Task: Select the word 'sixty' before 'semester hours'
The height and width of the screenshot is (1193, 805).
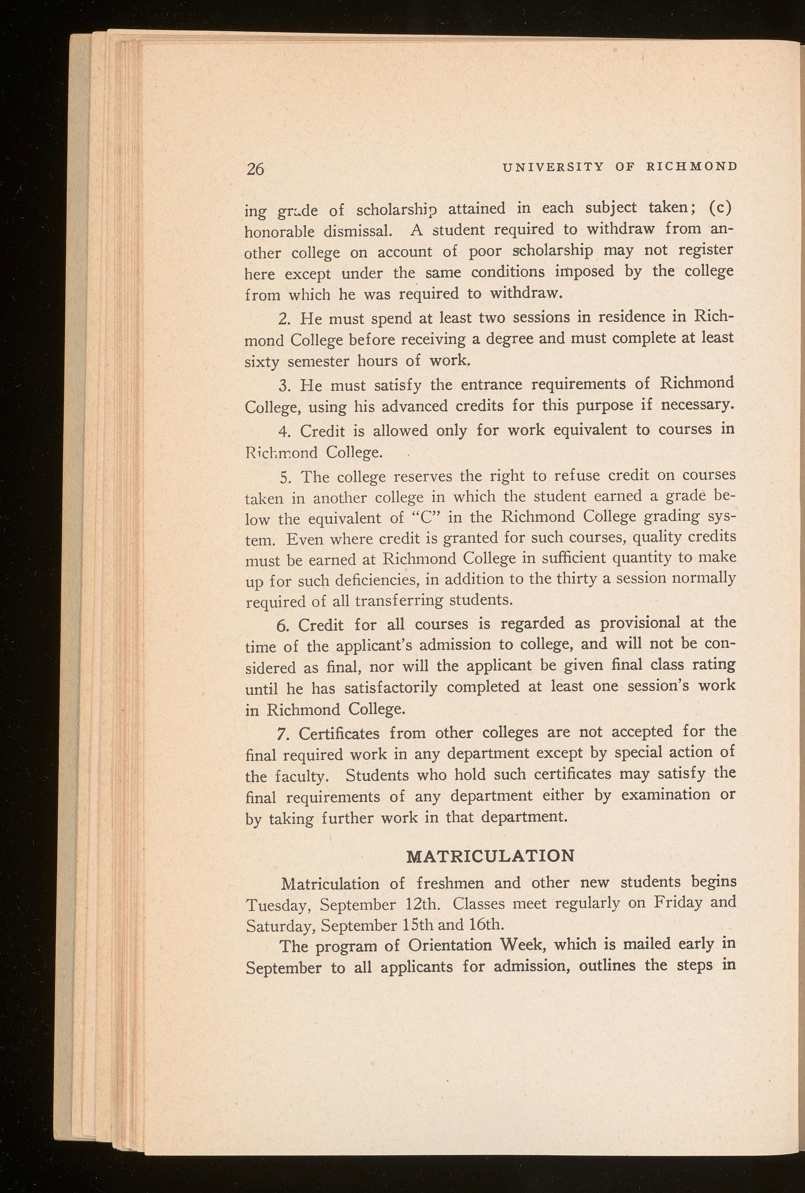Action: coord(262,362)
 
